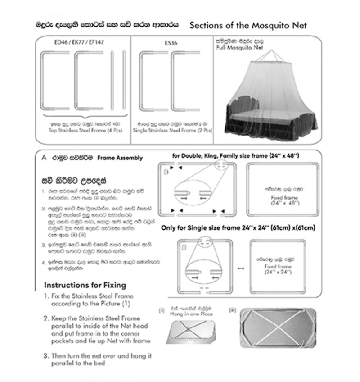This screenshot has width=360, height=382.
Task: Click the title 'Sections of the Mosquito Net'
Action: (x=248, y=25)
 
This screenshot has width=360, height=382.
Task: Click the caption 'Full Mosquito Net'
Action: (x=246, y=47)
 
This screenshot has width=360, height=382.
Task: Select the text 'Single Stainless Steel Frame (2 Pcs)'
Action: (x=172, y=131)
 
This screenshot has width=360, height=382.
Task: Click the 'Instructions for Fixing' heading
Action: (x=85, y=285)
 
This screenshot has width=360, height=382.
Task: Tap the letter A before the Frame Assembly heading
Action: (x=44, y=158)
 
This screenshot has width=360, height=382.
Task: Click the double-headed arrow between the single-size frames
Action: (x=240, y=268)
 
